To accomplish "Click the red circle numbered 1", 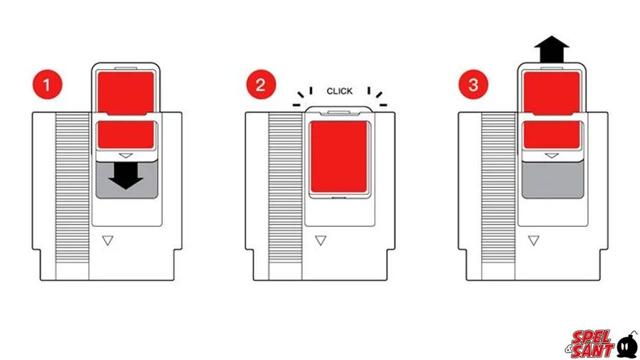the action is coord(48,85).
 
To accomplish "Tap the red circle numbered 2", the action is coord(261,85).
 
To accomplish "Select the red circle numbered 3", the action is coord(474,85).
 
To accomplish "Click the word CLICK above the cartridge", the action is coord(339,91).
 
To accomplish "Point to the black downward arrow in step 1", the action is coord(126,177).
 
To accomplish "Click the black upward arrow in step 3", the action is coord(552,49).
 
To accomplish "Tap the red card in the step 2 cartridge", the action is coord(338,157).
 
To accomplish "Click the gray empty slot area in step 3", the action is coord(553,179).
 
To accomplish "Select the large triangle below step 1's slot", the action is coord(108,240).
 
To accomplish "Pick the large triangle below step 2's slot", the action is coord(321,240).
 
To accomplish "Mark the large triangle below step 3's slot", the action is coord(533,240).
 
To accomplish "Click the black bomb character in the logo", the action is coord(627,345).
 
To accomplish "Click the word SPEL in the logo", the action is coord(591,338).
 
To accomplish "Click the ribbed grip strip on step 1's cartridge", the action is coord(73,188).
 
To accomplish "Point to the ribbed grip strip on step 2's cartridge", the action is coord(285,188).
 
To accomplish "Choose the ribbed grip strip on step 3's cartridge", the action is coord(498,188).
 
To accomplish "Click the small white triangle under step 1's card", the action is coord(126,156).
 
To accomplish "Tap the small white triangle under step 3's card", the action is coord(552,156).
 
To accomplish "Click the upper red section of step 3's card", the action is coord(552,93).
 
